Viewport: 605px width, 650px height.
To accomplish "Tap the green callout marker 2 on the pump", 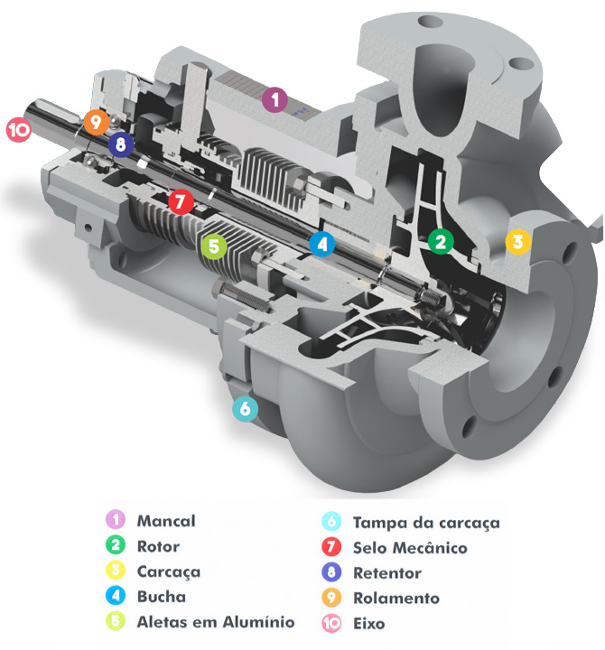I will (x=440, y=241).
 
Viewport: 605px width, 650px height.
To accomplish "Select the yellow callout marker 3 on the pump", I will (x=516, y=241).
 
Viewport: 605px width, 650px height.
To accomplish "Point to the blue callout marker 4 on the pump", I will (x=321, y=242).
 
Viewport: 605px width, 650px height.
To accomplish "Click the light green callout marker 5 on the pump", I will (x=212, y=246).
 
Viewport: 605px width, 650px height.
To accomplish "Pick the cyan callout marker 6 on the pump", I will (x=245, y=409).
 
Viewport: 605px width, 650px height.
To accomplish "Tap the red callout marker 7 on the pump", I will (x=180, y=201).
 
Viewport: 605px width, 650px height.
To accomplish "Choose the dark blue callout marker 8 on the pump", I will (x=119, y=143).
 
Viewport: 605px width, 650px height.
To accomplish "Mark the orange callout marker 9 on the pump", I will (x=96, y=121).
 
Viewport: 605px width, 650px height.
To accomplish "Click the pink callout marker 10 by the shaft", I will (x=18, y=131).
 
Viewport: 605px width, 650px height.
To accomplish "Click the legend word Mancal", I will (x=165, y=521).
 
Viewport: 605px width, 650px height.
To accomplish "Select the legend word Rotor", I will (x=158, y=546).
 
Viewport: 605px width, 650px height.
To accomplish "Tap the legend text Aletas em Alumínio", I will (x=215, y=622).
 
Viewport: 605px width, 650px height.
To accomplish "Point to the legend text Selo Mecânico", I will (x=410, y=548).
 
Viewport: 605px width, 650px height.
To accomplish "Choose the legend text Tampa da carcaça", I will (x=426, y=523).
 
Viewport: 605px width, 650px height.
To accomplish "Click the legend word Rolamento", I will (x=396, y=598).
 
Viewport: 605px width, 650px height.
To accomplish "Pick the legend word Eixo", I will (x=369, y=623).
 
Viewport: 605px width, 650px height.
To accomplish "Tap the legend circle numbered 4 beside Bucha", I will (x=115, y=596).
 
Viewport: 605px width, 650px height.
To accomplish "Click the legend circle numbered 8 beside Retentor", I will (x=331, y=572).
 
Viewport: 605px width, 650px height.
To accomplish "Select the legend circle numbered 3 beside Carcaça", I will (x=115, y=571).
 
